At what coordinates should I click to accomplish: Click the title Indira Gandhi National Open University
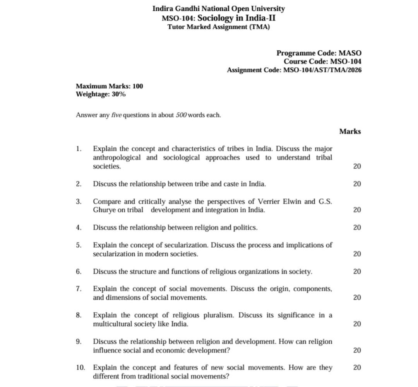coord(218,9)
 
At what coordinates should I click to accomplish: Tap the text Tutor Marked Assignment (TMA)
coord(218,27)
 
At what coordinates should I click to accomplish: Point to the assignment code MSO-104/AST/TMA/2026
coord(322,70)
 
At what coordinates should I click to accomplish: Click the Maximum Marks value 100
coord(137,86)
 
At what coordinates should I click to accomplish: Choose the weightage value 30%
coord(118,94)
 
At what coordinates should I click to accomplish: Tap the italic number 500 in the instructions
coord(182,115)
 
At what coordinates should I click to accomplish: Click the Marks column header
coord(350,132)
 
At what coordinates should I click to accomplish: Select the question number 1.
coord(79,149)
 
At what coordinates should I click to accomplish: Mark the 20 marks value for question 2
coord(357,184)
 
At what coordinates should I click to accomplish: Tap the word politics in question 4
coord(245,228)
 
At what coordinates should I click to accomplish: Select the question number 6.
coord(79,272)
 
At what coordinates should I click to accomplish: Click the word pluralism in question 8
coord(218,315)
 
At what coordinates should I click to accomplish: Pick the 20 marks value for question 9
coord(357,350)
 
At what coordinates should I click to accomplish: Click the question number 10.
coord(80,368)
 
